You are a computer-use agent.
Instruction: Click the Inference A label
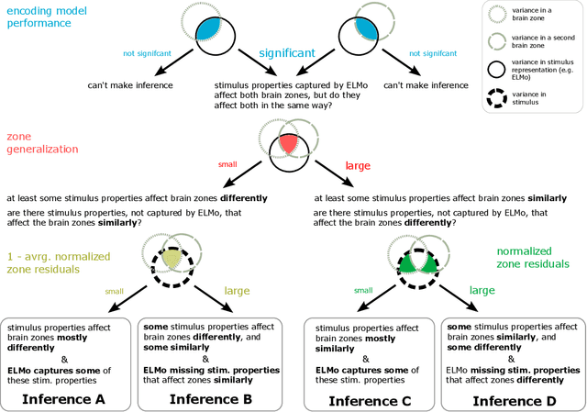tap(65, 400)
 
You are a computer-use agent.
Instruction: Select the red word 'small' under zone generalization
tap(226, 164)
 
